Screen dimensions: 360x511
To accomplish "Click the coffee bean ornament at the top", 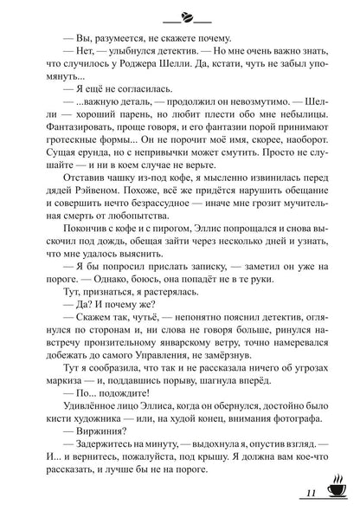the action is click(180, 16).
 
